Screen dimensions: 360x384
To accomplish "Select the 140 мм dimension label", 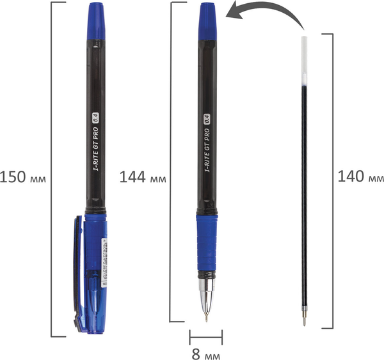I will (x=361, y=177).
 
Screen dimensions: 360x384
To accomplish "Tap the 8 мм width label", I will (x=206, y=351).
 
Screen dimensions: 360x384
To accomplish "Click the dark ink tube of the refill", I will (x=304, y=192).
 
